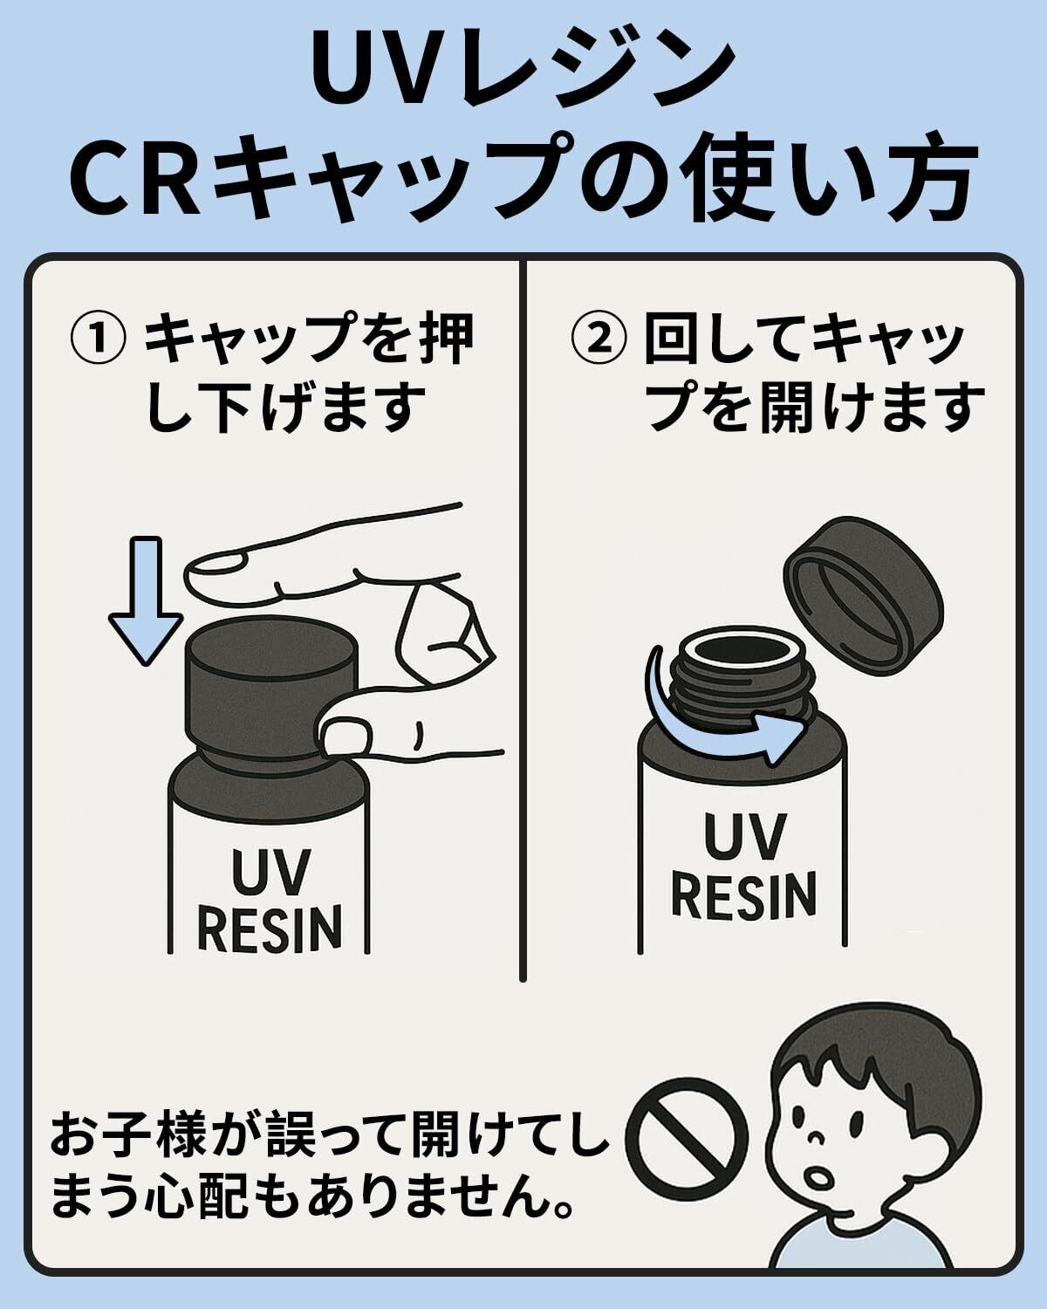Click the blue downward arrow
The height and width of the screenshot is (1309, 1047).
146,600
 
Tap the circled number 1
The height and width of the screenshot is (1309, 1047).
99,339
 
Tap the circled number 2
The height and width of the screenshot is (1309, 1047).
599,339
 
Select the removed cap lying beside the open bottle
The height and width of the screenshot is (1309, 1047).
863,596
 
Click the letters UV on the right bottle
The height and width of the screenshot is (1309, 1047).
742,836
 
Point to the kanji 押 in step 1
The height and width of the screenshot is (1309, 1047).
447,339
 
